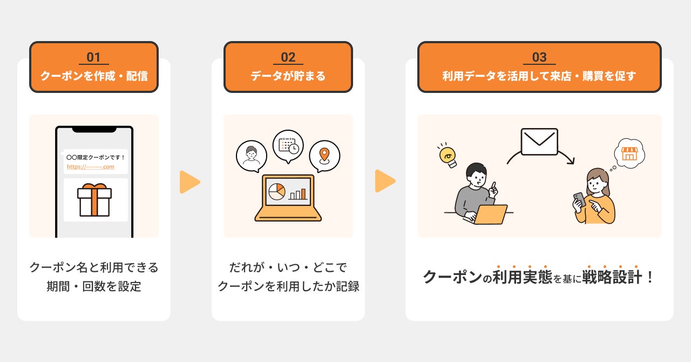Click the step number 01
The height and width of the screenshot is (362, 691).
(x=93, y=57)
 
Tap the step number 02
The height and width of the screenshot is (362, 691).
(x=288, y=57)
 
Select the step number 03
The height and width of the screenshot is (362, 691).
(x=539, y=57)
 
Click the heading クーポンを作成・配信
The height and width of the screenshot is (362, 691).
(x=93, y=76)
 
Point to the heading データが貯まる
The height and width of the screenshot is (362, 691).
(x=288, y=76)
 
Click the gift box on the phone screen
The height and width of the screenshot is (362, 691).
(x=94, y=199)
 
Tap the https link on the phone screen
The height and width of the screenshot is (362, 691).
(x=90, y=166)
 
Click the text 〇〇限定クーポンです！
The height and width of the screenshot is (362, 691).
(x=95, y=157)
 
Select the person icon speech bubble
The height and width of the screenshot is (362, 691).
(x=251, y=156)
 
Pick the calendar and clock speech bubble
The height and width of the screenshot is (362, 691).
(x=288, y=145)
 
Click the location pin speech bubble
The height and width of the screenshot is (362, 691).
(x=324, y=156)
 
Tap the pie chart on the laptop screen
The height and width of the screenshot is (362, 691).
(x=277, y=191)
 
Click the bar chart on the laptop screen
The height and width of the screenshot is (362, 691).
(x=297, y=193)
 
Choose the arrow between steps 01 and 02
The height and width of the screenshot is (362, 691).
(x=189, y=182)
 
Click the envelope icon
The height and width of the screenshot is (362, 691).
(x=539, y=142)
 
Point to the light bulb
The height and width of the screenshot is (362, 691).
(x=448, y=156)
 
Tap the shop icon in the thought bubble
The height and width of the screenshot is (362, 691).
(x=629, y=153)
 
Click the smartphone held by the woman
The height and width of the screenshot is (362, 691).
(x=579, y=199)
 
